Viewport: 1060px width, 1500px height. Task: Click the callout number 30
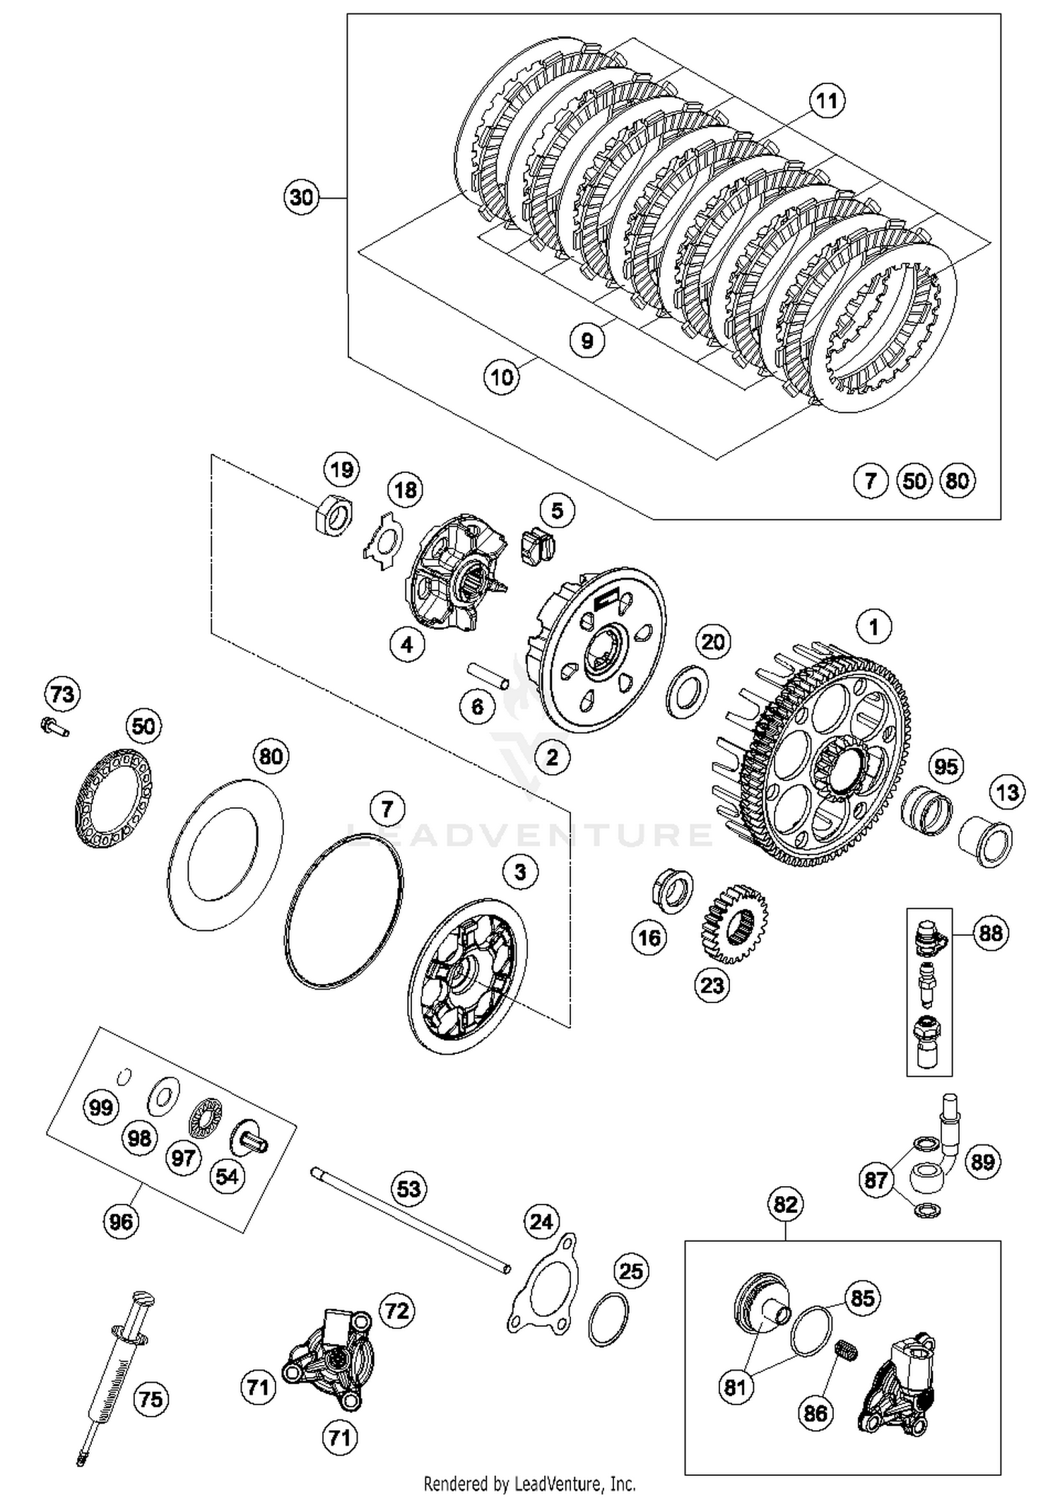(301, 197)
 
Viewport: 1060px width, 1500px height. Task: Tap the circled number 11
(827, 101)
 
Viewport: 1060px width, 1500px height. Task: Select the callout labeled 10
(501, 377)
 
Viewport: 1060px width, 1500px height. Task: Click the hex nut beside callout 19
(332, 515)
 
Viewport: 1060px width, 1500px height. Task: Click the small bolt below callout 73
(54, 726)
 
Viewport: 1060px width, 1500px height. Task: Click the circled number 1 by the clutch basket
(873, 627)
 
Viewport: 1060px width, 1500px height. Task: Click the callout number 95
(946, 767)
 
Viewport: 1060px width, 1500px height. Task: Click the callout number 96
(120, 1221)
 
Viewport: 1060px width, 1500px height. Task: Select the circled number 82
(785, 1205)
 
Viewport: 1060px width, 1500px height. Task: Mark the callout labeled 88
(989, 934)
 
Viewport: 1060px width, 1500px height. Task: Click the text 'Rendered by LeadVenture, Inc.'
(529, 1482)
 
